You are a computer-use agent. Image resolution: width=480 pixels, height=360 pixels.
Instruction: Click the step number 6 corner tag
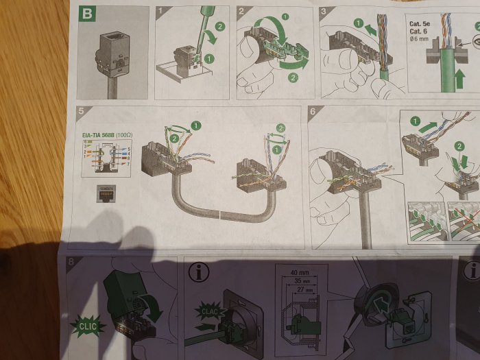tap(313, 111)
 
